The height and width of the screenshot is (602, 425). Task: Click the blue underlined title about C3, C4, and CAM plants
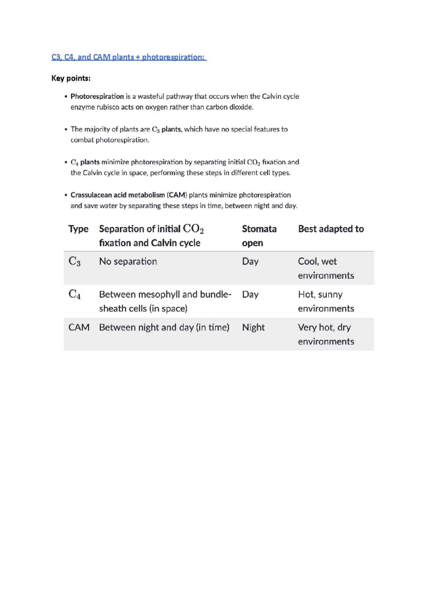[129, 57]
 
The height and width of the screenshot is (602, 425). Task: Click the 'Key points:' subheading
[71, 78]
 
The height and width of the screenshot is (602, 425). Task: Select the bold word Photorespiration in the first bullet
[97, 96]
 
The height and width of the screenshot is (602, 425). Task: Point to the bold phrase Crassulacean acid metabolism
[118, 195]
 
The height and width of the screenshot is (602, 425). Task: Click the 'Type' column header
[78, 229]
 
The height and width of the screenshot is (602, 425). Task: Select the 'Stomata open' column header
[259, 236]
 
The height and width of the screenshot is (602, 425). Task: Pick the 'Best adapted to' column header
[331, 229]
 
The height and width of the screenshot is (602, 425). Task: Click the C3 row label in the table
[74, 262]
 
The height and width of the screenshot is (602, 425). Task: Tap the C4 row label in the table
[74, 294]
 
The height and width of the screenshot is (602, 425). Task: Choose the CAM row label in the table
[79, 327]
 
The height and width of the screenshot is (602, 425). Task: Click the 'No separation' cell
[128, 262]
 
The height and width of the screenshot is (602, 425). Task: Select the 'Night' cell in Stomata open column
[253, 327]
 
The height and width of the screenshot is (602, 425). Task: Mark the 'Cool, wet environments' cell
[325, 268]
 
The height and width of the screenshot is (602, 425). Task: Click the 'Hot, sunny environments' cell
[325, 301]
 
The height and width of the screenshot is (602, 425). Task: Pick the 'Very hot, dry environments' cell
[325, 334]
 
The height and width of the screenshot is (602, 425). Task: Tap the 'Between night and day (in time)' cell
[164, 327]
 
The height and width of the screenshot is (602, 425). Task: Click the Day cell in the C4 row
[250, 294]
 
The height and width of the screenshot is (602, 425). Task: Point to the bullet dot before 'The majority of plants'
[66, 129]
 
